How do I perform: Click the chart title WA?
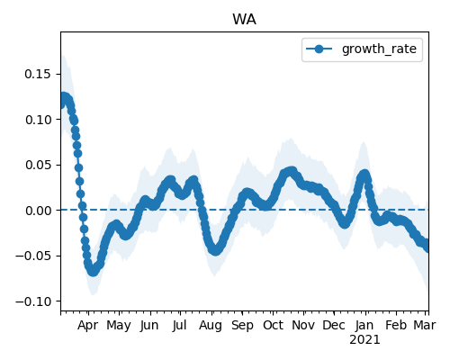(244, 20)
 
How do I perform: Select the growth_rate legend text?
(379, 49)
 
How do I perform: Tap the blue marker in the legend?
(319, 49)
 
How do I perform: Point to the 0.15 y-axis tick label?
(38, 74)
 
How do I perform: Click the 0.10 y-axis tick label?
(38, 120)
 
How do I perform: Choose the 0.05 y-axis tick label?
(38, 165)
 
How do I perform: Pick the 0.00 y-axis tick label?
(38, 211)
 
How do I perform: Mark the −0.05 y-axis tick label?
(33, 256)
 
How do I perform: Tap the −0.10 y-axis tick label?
(33, 301)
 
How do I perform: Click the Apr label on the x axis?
(87, 326)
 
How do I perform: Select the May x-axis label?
(119, 326)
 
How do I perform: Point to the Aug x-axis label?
(211, 326)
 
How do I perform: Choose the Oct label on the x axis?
(273, 325)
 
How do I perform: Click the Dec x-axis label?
(334, 325)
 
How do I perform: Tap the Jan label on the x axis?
(364, 325)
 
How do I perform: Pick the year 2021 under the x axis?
(364, 340)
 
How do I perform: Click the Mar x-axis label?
(425, 325)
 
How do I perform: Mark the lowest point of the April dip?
(93, 271)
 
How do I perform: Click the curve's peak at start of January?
(364, 174)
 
